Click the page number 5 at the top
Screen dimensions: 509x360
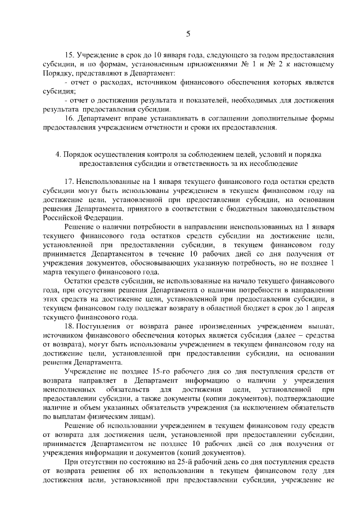(x=188, y=34)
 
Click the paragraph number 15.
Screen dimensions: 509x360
(x=70, y=56)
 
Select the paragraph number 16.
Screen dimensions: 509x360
(x=70, y=119)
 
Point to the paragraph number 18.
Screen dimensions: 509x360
(x=70, y=327)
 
